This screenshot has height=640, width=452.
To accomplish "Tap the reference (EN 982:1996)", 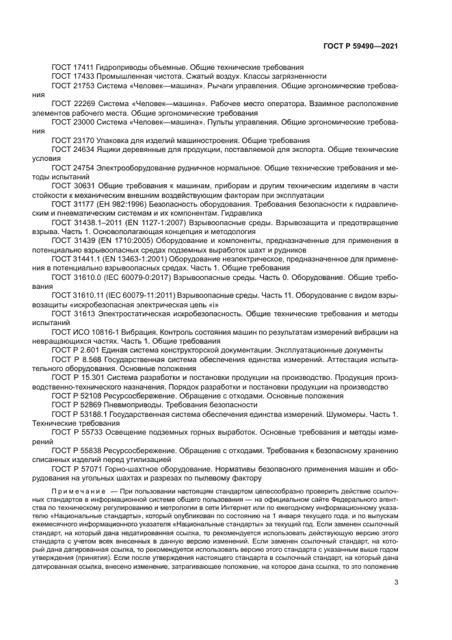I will (x=119, y=204).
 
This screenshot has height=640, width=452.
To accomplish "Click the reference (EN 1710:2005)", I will (x=119, y=242).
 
